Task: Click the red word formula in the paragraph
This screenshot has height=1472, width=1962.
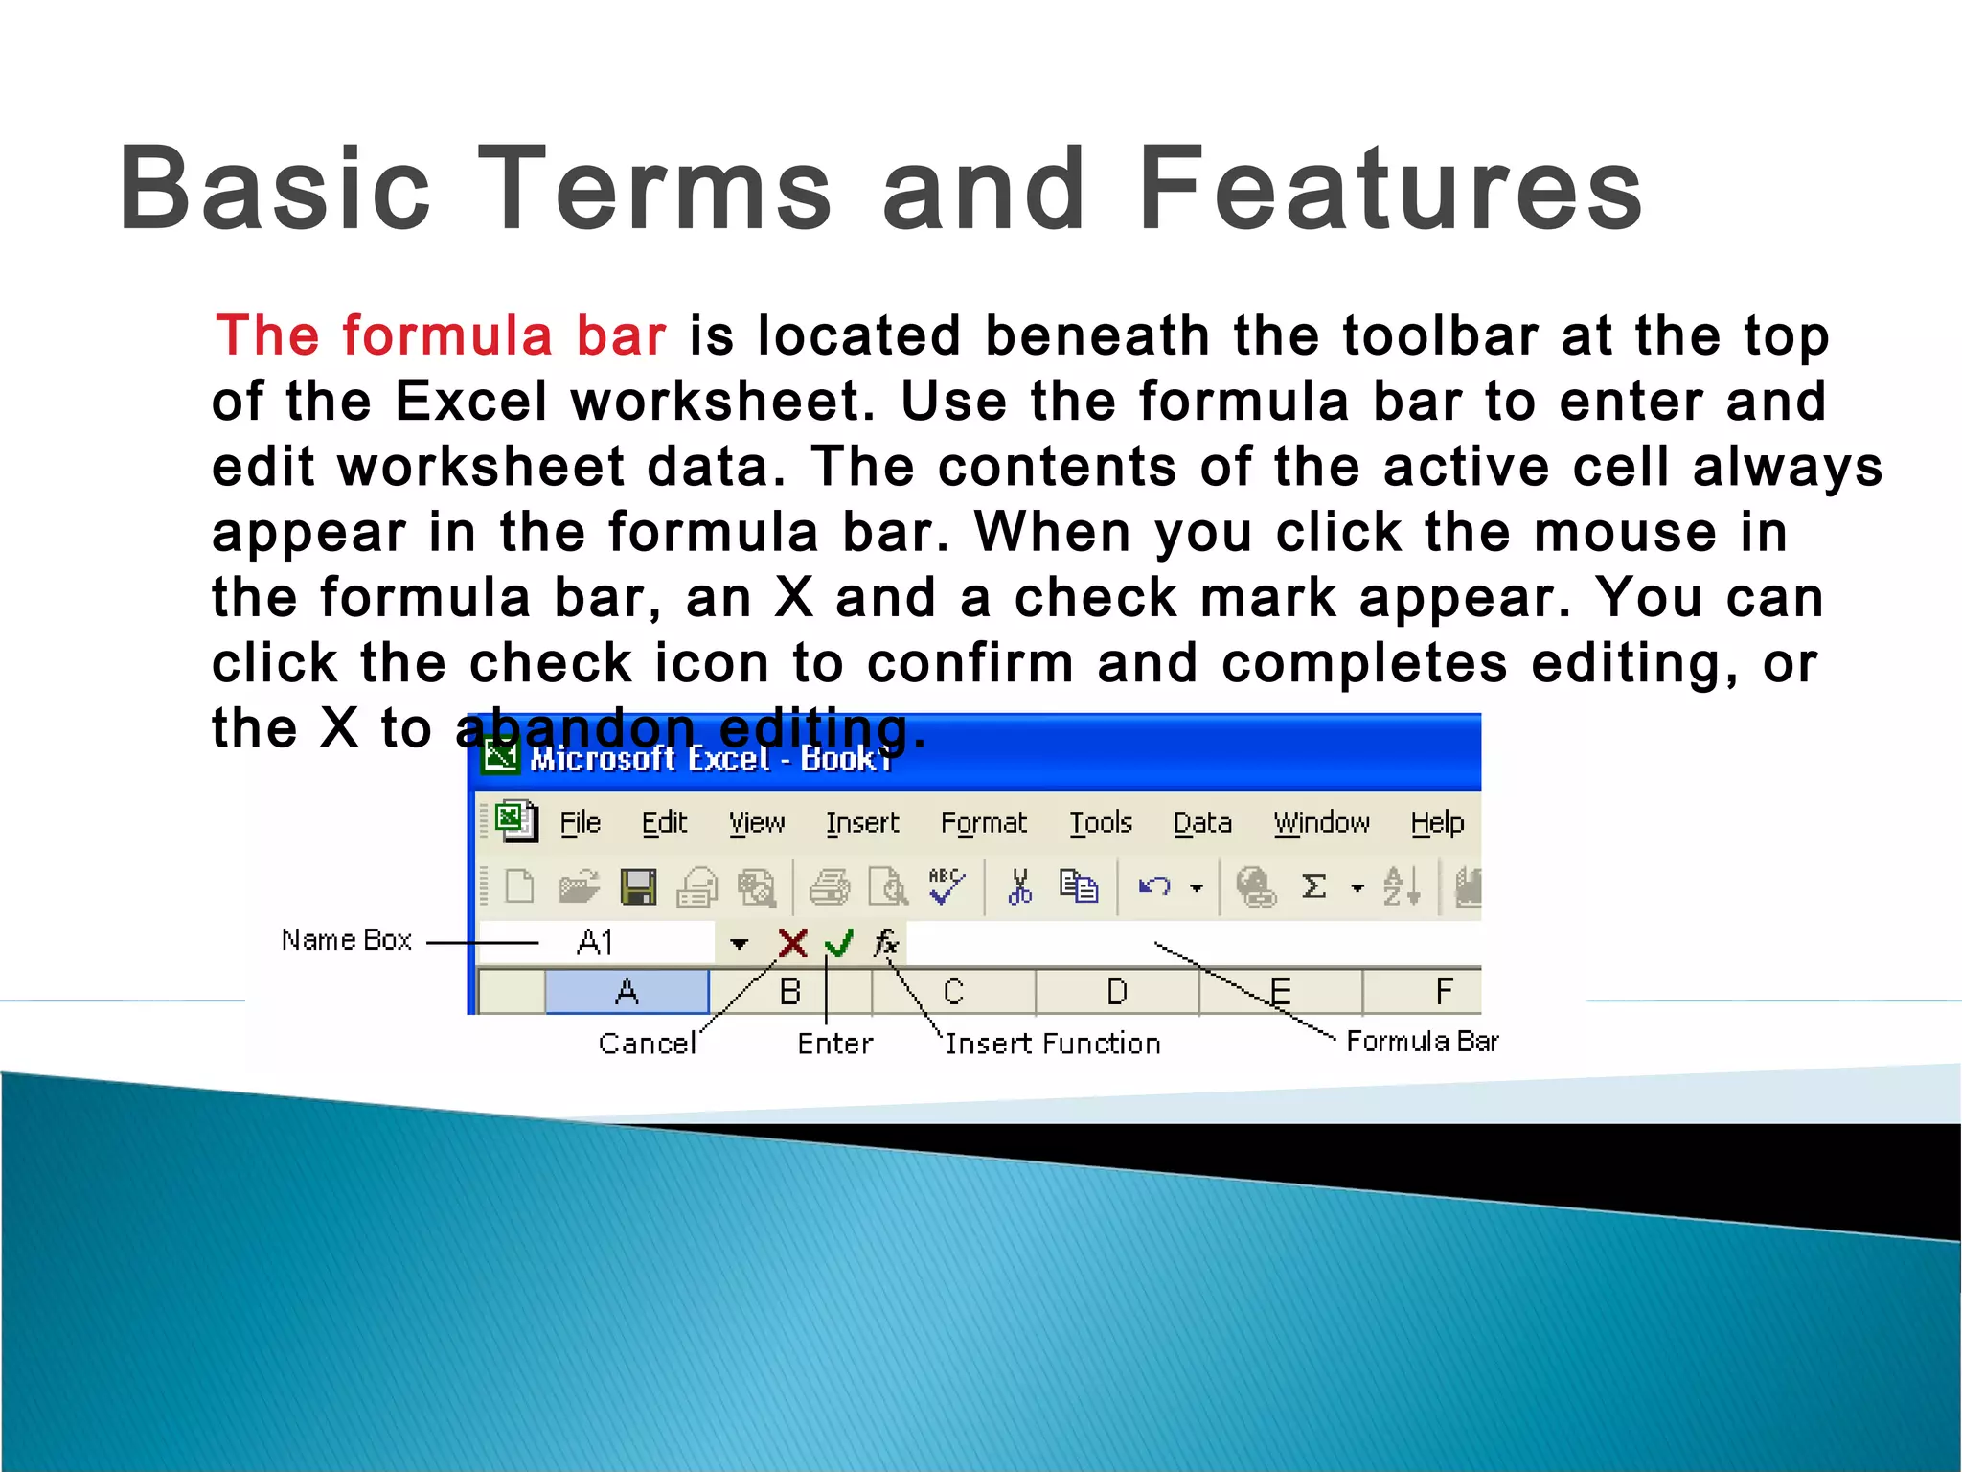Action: click(447, 336)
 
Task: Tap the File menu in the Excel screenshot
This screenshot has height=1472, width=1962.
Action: click(580, 823)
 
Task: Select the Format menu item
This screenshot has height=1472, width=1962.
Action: click(983, 823)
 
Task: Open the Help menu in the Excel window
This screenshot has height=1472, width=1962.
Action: click(1437, 823)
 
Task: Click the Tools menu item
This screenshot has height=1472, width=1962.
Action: click(1101, 823)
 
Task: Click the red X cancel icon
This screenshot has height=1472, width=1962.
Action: click(792, 944)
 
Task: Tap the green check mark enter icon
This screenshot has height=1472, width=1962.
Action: click(838, 944)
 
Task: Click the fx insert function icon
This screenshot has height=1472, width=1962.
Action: click(886, 944)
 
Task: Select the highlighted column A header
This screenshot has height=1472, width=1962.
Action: click(627, 992)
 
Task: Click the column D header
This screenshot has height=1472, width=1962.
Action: click(1117, 992)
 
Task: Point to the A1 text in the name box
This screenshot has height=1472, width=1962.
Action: click(595, 943)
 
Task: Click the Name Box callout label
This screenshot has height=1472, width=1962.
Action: click(346, 940)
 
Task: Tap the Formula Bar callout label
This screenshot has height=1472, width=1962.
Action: click(1422, 1042)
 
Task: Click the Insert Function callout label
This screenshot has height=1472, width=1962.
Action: click(1053, 1044)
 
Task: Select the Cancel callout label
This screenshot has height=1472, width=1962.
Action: click(647, 1044)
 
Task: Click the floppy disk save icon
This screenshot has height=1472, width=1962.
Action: click(638, 887)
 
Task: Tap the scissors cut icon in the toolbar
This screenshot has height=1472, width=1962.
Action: click(1020, 887)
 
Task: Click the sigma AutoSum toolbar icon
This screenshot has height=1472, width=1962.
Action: click(1314, 887)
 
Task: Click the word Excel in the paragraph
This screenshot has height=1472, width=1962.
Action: click(470, 402)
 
